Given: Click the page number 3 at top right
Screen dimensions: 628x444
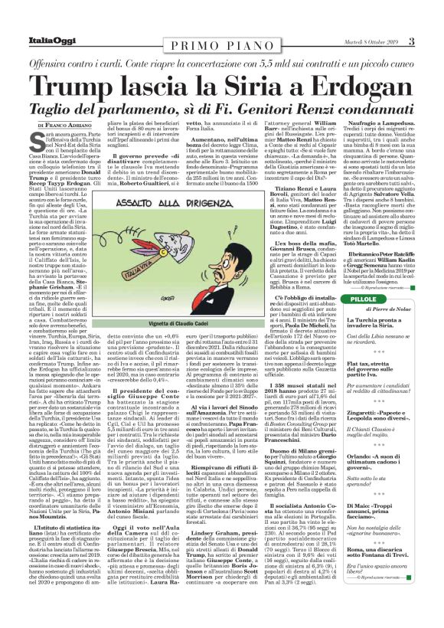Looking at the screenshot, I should pos(433,9).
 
